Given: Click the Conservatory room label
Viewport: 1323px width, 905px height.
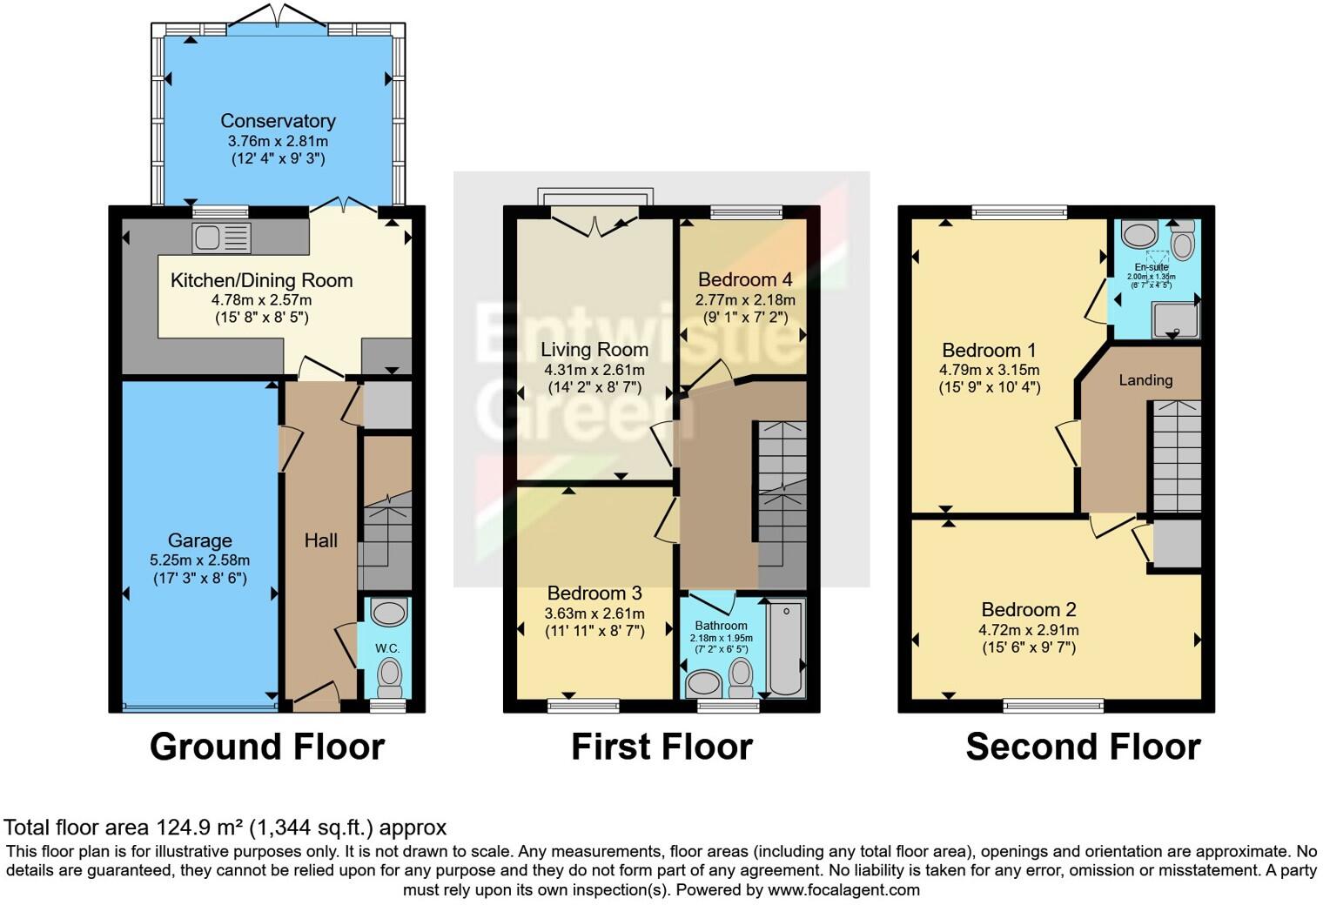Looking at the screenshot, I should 278,121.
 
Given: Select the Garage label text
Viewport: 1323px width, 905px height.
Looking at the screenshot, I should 199,540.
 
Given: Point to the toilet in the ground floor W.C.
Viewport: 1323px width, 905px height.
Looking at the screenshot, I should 389,676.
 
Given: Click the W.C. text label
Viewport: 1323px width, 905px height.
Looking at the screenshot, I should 387,648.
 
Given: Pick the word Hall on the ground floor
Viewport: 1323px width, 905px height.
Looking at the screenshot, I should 320,540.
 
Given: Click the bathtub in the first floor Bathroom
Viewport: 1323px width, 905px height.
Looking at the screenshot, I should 785,648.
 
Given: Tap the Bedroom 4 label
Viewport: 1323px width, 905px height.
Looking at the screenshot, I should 745,279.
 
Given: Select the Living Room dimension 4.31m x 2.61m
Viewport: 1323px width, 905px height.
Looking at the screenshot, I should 594,369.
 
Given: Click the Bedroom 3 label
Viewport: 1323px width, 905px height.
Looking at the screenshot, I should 594,593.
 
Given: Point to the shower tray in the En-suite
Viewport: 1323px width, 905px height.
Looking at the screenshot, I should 1174,319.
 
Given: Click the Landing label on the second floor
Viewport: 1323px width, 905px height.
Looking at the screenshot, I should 1145,379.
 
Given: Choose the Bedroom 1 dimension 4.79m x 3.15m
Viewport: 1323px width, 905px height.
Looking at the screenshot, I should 989,370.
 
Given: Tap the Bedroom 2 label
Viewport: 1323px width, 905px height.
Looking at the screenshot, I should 1029,609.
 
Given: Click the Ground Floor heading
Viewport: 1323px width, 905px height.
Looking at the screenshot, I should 267,747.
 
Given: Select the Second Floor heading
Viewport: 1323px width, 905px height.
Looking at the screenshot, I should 1083,747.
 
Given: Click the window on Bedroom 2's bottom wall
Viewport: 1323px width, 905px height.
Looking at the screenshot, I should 1053,706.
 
